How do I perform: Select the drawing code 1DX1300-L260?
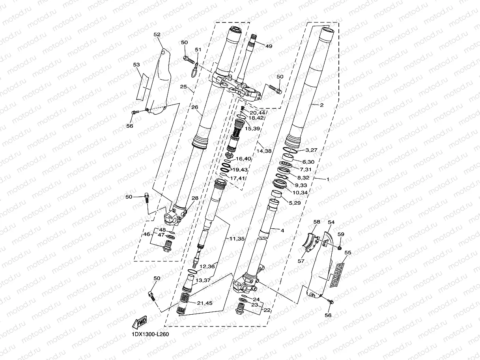click(x=150, y=334)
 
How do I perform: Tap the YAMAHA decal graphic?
click(x=337, y=274)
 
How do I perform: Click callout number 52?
click(x=157, y=35)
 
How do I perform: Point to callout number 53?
click(x=136, y=64)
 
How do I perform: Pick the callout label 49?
click(x=268, y=46)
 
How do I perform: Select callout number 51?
click(x=198, y=50)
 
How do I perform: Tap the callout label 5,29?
click(x=294, y=202)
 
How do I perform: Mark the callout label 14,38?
click(x=264, y=151)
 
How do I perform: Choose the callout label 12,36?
click(x=207, y=267)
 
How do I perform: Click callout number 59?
click(x=341, y=234)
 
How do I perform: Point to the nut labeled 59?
click(x=339, y=247)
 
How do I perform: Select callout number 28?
click(x=194, y=198)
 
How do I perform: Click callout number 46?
click(x=146, y=234)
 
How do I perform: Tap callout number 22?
click(x=267, y=310)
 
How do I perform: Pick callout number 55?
click(x=347, y=252)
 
